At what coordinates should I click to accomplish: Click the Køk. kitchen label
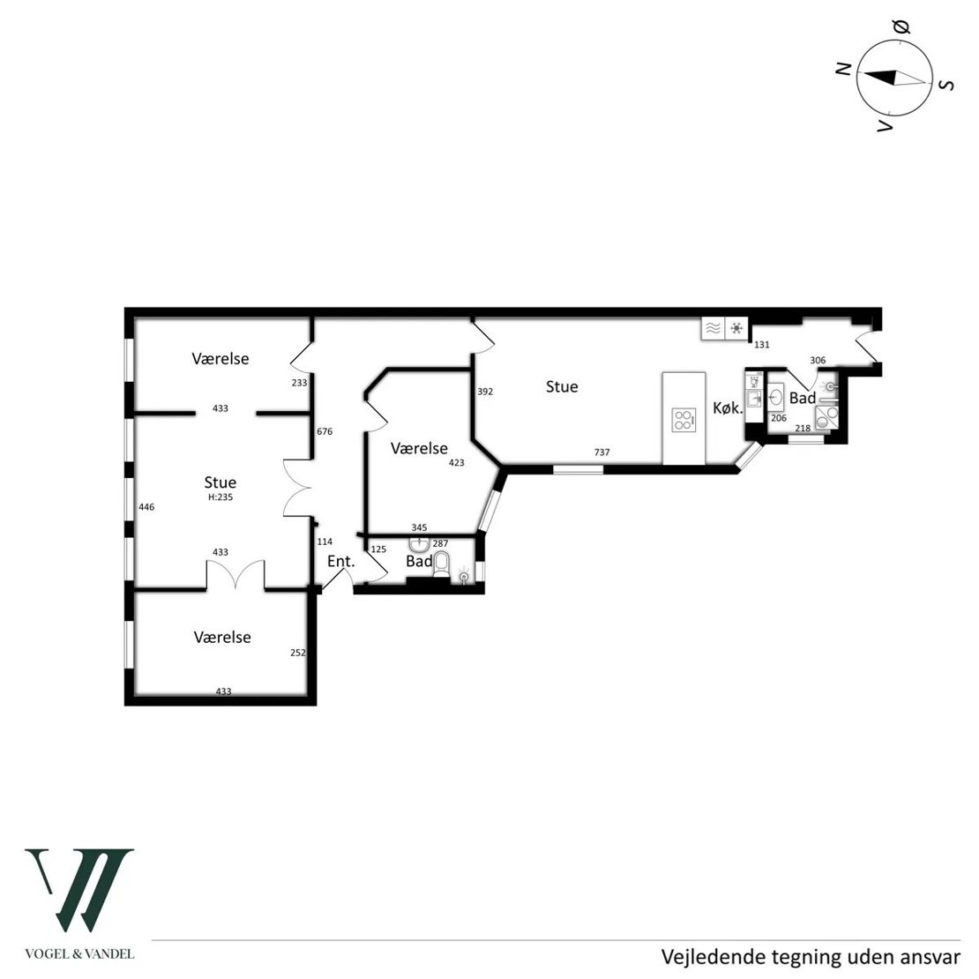(728, 408)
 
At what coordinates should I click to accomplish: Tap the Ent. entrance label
(341, 561)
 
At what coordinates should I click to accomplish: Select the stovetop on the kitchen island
(684, 420)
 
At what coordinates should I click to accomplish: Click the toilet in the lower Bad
(441, 564)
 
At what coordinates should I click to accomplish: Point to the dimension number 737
(602, 452)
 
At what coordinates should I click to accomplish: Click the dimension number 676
(325, 431)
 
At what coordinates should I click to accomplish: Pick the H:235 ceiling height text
(220, 497)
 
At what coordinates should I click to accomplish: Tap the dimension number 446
(146, 507)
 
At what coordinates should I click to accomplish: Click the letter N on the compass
(844, 69)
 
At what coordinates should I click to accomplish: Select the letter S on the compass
(947, 85)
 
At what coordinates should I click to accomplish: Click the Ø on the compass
(901, 26)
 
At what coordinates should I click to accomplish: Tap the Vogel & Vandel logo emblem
(79, 890)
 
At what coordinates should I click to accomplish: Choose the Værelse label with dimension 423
(419, 448)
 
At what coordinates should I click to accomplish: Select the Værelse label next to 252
(222, 638)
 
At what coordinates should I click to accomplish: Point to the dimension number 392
(485, 392)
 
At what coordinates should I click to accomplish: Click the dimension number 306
(818, 360)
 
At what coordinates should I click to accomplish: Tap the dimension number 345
(420, 527)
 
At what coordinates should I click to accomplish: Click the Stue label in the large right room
(562, 387)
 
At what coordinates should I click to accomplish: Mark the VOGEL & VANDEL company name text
(79, 954)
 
